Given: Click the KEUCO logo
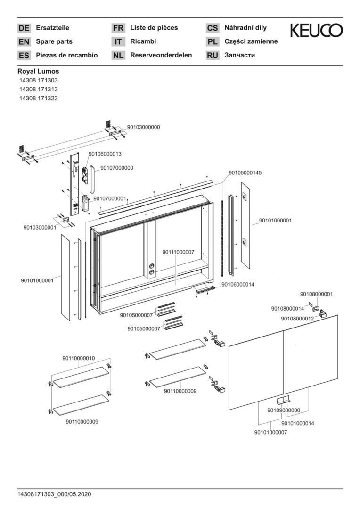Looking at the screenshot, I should click(316, 31).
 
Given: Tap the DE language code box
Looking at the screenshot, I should click(24, 28).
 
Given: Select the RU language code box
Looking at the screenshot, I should click(213, 56).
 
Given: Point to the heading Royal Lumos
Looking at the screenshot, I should click(38, 72).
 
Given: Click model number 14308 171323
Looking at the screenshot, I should click(39, 98).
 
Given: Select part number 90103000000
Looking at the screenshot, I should click(144, 127).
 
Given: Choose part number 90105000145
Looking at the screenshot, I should click(245, 173).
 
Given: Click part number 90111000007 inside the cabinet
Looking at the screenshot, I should click(178, 253).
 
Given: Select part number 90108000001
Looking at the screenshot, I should click(316, 294).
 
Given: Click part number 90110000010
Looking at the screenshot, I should click(78, 358).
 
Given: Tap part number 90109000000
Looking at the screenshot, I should click(284, 410).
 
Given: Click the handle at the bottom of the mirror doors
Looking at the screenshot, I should click(283, 400).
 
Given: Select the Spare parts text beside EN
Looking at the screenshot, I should click(54, 41).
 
